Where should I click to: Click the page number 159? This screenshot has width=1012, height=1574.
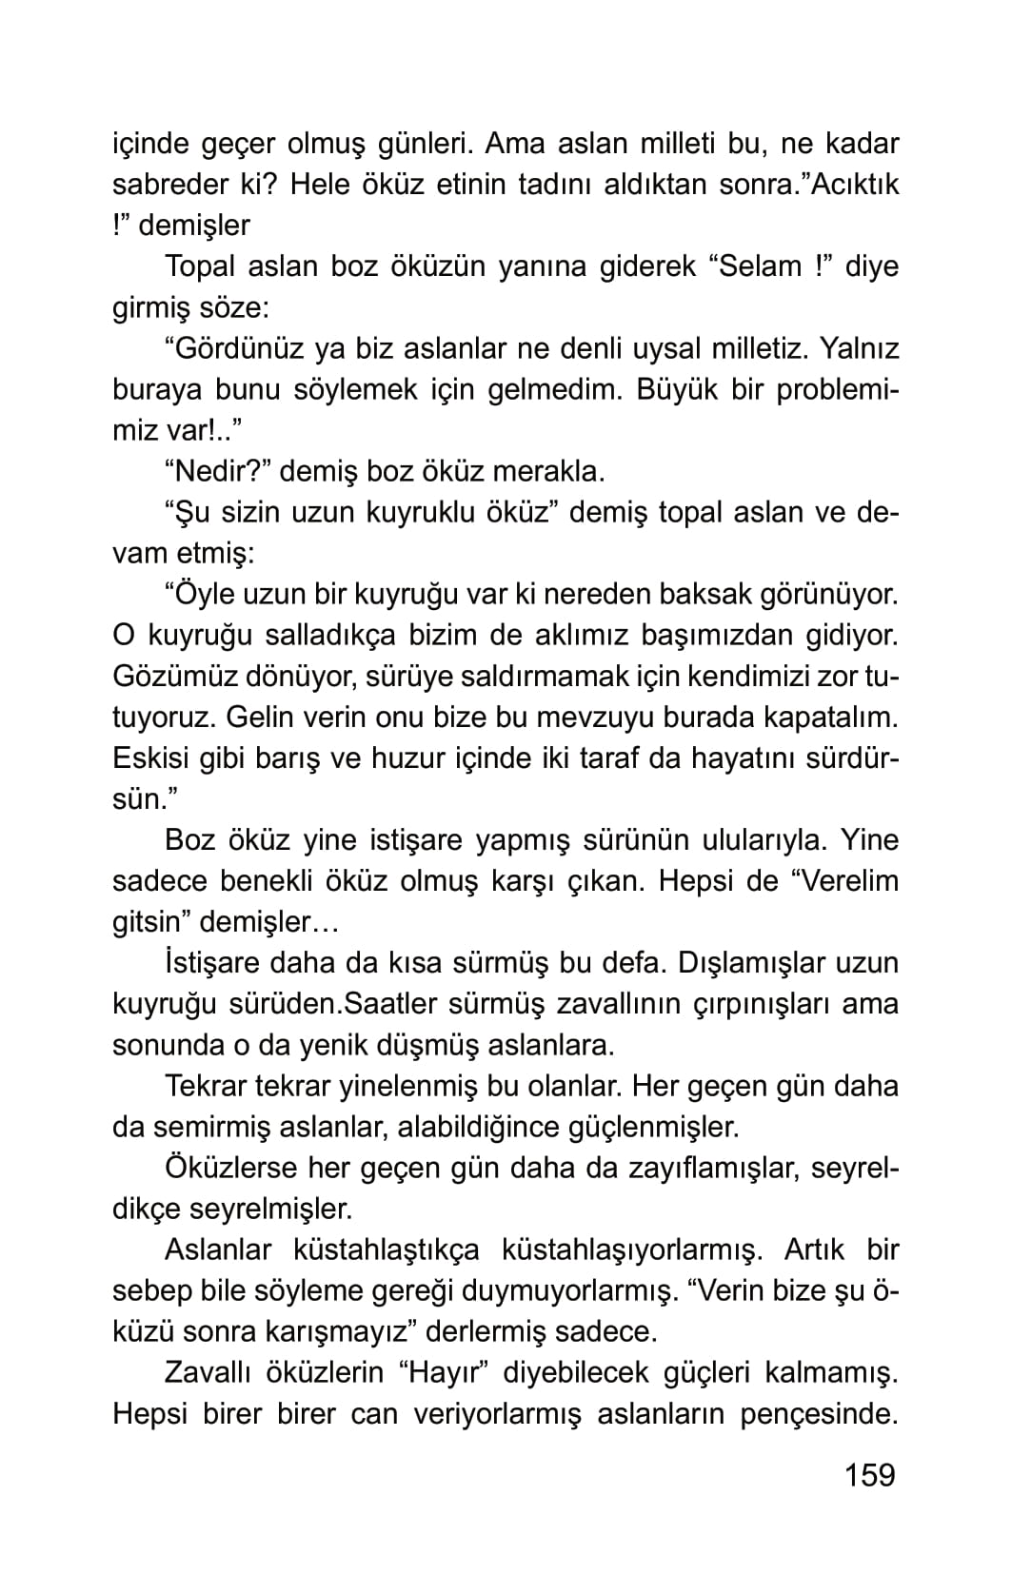click(x=869, y=1474)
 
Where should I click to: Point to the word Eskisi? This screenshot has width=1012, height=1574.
click(x=150, y=758)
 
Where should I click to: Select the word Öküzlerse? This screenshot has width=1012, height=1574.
click(x=229, y=1168)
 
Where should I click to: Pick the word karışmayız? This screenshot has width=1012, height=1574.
click(x=341, y=1332)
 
